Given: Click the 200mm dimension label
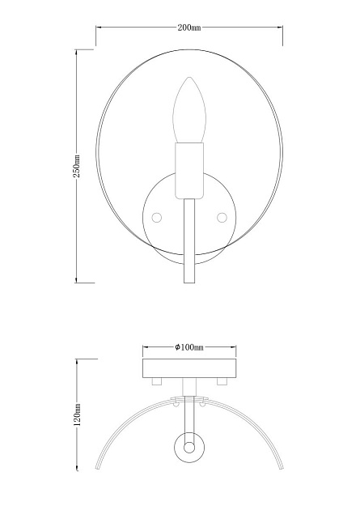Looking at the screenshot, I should [x=188, y=28].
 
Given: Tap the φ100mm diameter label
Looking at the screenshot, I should [x=188, y=347].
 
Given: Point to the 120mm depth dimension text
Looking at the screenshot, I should [x=76, y=416].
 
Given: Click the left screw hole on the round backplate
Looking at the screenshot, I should [x=156, y=216].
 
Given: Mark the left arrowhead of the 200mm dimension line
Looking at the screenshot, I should [x=99, y=28].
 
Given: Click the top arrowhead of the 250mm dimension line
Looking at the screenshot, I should [x=76, y=52].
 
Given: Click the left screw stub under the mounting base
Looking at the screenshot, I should [x=157, y=382].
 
